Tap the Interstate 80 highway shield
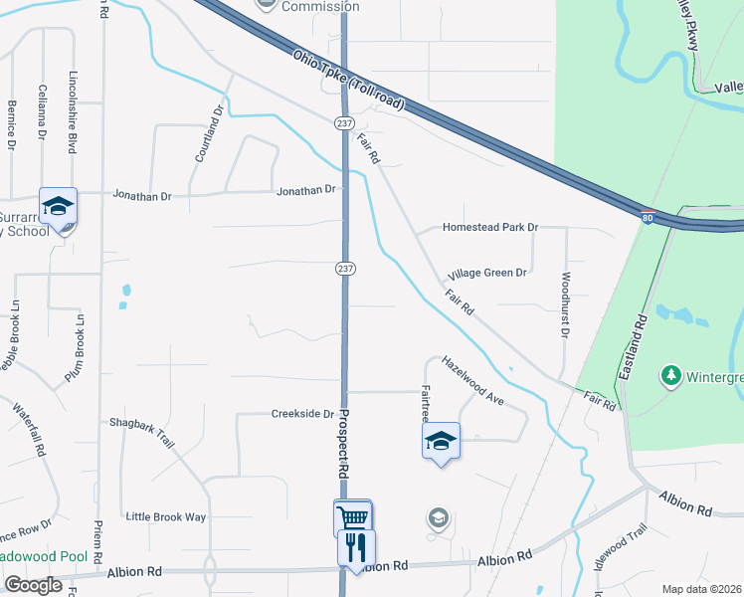coord(647,217)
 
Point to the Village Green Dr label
coord(486,273)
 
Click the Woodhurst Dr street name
coord(565,305)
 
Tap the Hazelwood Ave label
coord(473,381)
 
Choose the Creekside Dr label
coord(301,414)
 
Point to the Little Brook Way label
coord(165,516)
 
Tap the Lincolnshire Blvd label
coord(72,111)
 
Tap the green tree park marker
coord(671,376)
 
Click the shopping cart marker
coord(352,517)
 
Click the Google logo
coord(33,585)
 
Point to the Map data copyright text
coord(701,589)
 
